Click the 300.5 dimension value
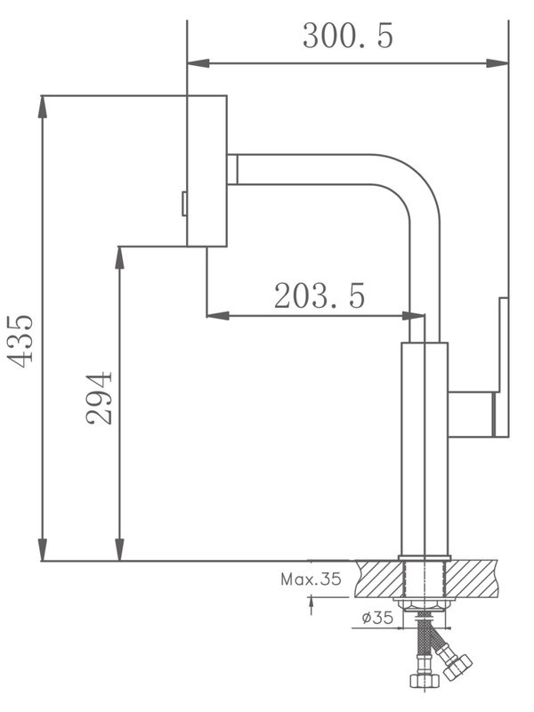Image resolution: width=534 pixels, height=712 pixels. click(347, 36)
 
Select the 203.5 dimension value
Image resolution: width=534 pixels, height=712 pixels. click(319, 295)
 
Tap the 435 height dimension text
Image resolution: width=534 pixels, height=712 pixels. click(20, 338)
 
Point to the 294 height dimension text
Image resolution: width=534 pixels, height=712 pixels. click(101, 397)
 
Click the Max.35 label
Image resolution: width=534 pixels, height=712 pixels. click(311, 579)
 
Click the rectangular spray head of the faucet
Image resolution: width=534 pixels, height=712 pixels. click(206, 170)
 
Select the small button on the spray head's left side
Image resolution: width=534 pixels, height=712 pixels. click(183, 204)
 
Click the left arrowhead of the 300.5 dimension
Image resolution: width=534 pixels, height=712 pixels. click(196, 62)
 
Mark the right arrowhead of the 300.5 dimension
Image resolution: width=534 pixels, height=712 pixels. click(501, 62)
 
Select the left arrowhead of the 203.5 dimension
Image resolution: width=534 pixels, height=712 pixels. click(215, 315)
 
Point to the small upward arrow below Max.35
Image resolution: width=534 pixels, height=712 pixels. click(311, 605)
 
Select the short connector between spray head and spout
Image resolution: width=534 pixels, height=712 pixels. click(232, 168)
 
